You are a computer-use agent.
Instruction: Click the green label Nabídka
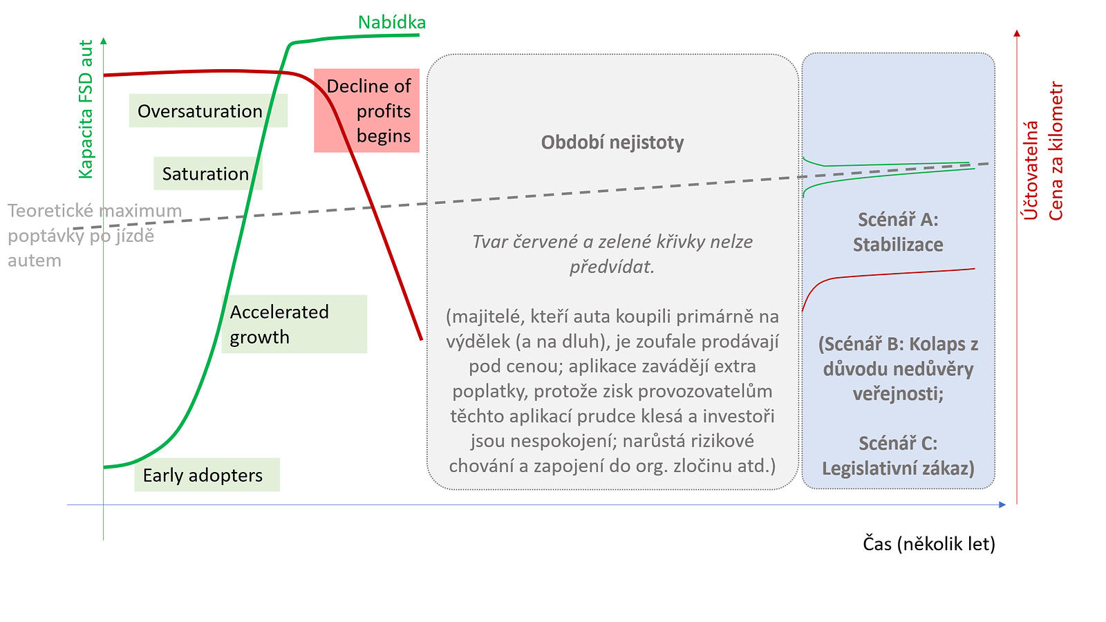pyautogui.click(x=391, y=22)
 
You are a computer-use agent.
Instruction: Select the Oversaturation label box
pyautogui.click(x=208, y=111)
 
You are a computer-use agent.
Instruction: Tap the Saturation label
pyautogui.click(x=208, y=173)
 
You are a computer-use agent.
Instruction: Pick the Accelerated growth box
pyautogui.click(x=294, y=324)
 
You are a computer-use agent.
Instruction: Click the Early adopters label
pyautogui.click(x=207, y=474)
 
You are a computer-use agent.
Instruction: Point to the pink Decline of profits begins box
pyautogui.click(x=367, y=111)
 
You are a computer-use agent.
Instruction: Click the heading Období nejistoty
pyautogui.click(x=612, y=142)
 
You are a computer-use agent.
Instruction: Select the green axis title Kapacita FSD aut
pyautogui.click(x=86, y=109)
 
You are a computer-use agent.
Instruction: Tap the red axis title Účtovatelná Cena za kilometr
pyautogui.click(x=1042, y=151)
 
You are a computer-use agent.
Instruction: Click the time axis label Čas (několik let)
pyautogui.click(x=929, y=543)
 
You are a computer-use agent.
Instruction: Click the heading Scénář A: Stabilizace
pyautogui.click(x=898, y=232)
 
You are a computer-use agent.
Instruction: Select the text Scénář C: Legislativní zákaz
pyautogui.click(x=898, y=455)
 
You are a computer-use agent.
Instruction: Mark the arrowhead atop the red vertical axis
pyautogui.click(x=1017, y=33)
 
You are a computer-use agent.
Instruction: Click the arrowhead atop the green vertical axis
pyautogui.click(x=103, y=41)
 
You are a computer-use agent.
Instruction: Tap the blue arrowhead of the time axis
pyautogui.click(x=1002, y=505)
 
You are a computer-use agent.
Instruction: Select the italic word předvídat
pyautogui.click(x=612, y=267)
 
